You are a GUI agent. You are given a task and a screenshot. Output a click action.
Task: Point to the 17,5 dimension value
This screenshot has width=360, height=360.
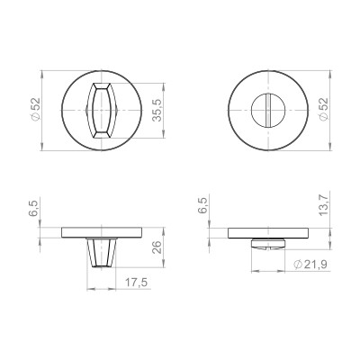[136, 282]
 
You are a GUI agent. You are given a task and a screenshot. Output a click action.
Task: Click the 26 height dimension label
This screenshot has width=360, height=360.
[157, 248]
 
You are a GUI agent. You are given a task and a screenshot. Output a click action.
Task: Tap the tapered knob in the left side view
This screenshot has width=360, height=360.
[102, 252]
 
